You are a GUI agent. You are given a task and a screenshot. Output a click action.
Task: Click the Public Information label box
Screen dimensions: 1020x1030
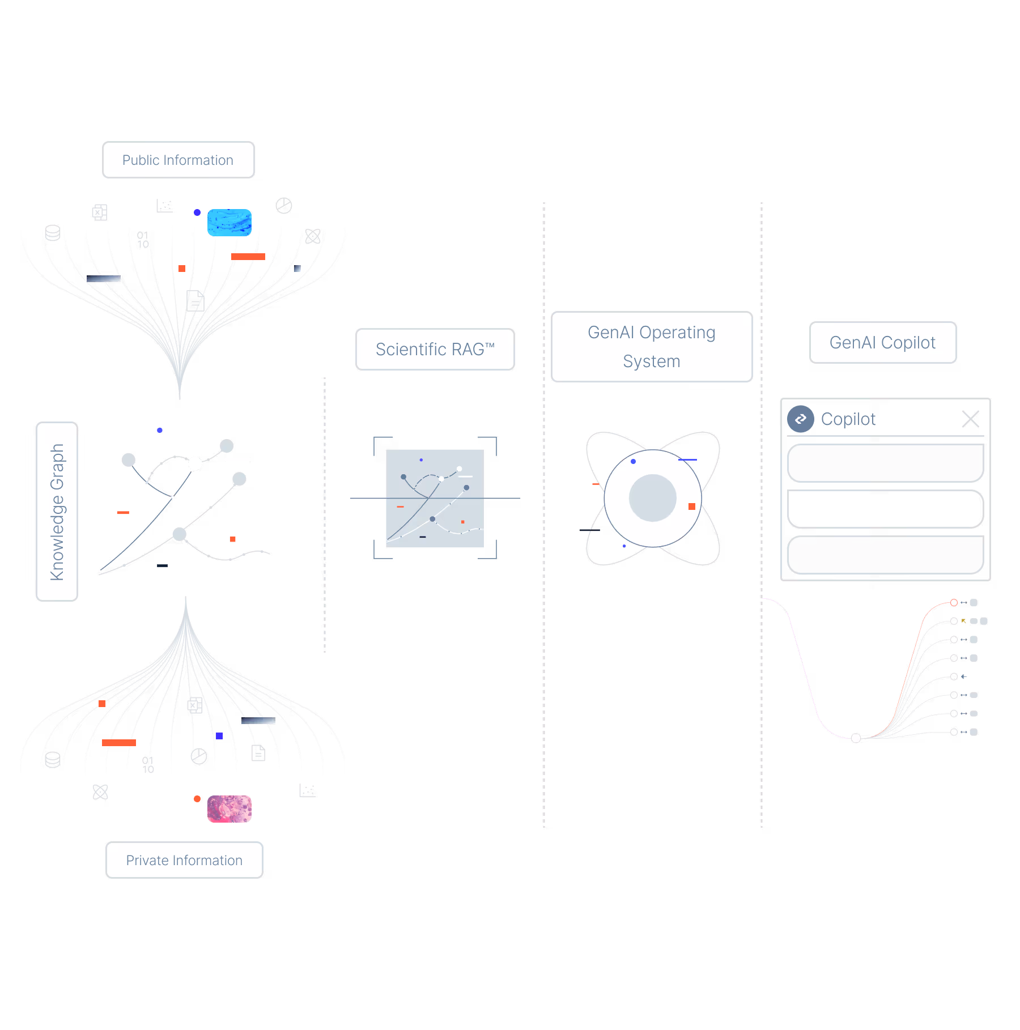coord(178,160)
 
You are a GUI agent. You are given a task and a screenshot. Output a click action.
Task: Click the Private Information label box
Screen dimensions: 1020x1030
coord(184,860)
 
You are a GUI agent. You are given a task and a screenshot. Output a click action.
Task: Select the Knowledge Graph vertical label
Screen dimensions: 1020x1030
coord(57,512)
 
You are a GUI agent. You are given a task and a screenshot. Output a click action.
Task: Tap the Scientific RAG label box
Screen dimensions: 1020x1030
coord(435,349)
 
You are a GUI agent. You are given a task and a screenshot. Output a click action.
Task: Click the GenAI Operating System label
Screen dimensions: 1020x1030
coord(652,347)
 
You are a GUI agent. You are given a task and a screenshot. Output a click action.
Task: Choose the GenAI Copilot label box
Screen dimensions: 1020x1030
coord(882,342)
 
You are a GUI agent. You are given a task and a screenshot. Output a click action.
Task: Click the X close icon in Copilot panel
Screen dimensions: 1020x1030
coord(970,419)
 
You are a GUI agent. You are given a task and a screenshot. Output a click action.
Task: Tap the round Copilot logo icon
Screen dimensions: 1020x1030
coord(800,419)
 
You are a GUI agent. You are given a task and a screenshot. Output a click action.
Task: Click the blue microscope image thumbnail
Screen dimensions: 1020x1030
coord(229,222)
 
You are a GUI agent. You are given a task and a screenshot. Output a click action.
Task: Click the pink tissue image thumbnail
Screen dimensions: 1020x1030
coord(229,808)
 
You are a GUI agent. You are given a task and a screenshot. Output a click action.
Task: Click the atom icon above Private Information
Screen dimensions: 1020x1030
coord(100,791)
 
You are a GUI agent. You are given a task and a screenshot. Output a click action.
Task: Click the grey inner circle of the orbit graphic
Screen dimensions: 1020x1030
coord(652,498)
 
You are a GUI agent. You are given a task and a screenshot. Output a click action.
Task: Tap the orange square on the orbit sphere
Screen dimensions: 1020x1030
coord(691,507)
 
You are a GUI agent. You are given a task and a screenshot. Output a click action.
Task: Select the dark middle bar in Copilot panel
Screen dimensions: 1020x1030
coord(885,509)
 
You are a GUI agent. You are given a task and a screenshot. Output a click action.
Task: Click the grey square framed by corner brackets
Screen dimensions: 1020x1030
coord(435,499)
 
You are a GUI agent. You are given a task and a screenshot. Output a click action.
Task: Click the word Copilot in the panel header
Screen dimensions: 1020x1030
coord(848,419)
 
